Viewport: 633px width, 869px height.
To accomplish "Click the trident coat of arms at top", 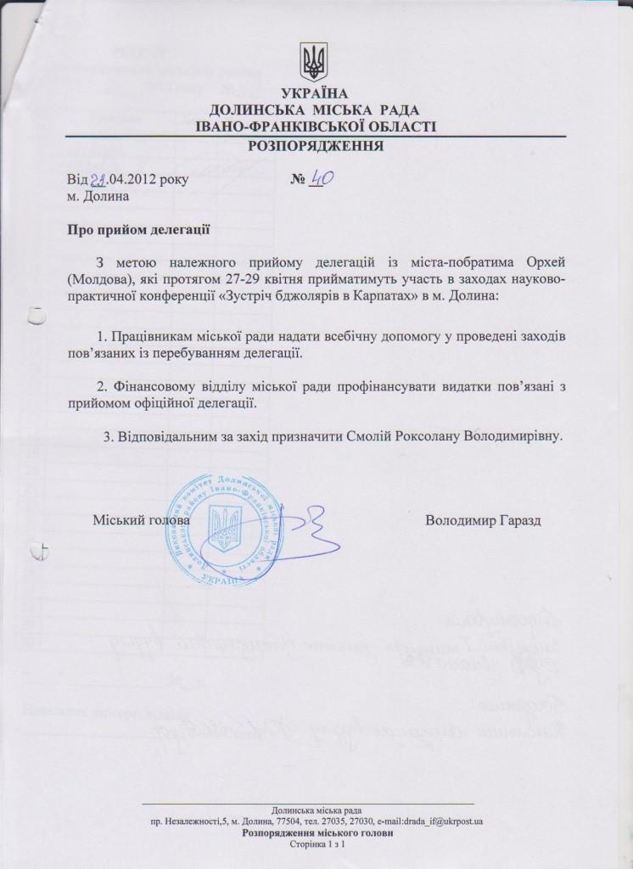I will [313, 61].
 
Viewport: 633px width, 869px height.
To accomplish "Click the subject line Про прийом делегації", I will [137, 229].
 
